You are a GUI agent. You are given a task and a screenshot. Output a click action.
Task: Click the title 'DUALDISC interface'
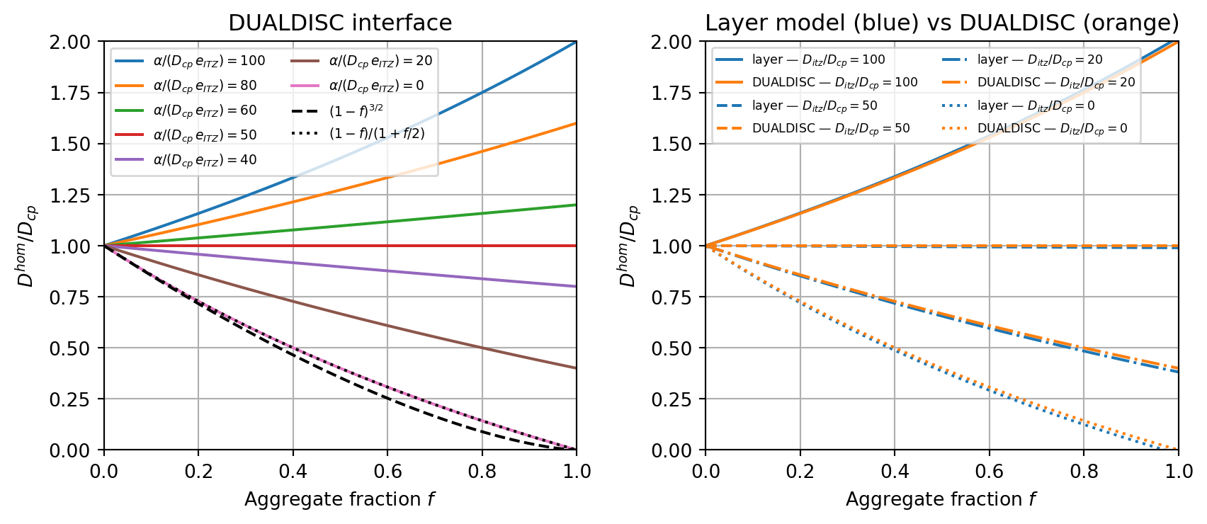(340, 23)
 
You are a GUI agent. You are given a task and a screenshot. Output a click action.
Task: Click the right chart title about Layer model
(942, 23)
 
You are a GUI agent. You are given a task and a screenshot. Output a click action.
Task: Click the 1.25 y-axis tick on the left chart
(71, 195)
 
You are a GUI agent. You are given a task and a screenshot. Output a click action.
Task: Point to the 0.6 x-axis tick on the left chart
(387, 471)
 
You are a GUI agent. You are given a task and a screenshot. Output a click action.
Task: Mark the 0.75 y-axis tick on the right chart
(672, 297)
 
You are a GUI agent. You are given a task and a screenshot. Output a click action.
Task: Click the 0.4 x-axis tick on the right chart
(895, 471)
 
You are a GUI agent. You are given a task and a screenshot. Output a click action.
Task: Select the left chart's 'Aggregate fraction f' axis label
(339, 499)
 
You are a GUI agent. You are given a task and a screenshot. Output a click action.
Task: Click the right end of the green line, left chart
(576, 205)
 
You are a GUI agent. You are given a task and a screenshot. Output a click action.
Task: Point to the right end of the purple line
(576, 286)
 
